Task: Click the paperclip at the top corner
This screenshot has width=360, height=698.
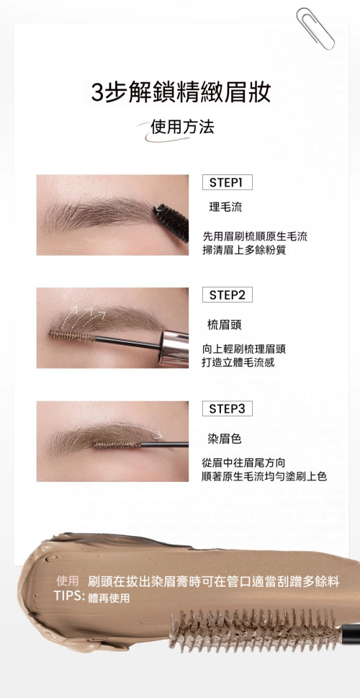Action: [x=315, y=29]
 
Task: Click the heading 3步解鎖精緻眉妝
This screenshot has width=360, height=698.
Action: [x=181, y=93]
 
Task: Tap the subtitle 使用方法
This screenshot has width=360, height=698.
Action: [x=182, y=127]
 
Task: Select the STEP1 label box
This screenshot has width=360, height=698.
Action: [x=227, y=182]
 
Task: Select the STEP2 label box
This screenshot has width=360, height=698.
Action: [x=227, y=295]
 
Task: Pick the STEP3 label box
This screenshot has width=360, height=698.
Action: [x=227, y=408]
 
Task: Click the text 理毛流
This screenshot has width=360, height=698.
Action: [x=225, y=207]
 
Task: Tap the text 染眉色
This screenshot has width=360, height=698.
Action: [x=225, y=439]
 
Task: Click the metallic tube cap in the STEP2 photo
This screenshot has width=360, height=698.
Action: [x=174, y=348]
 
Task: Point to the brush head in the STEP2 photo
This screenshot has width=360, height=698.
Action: [x=72, y=335]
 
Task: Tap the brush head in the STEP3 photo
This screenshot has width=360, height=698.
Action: [x=117, y=444]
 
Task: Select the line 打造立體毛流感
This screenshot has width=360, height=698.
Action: [x=238, y=362]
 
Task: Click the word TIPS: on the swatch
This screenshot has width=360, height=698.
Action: [x=69, y=596]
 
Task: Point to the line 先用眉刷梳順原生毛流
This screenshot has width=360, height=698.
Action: [x=255, y=236]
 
